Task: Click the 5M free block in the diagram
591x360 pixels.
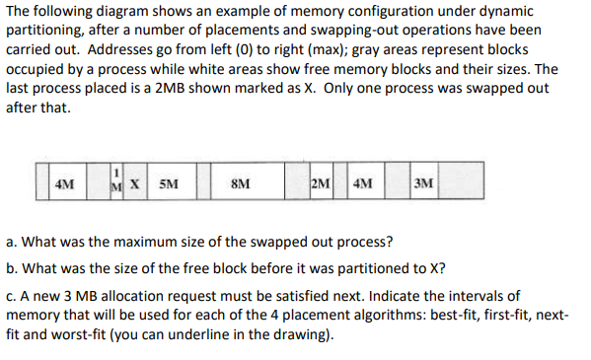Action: coord(169,183)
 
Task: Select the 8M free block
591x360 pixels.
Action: coord(239,183)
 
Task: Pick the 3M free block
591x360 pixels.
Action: coord(424,183)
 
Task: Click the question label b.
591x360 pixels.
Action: coord(11,268)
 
